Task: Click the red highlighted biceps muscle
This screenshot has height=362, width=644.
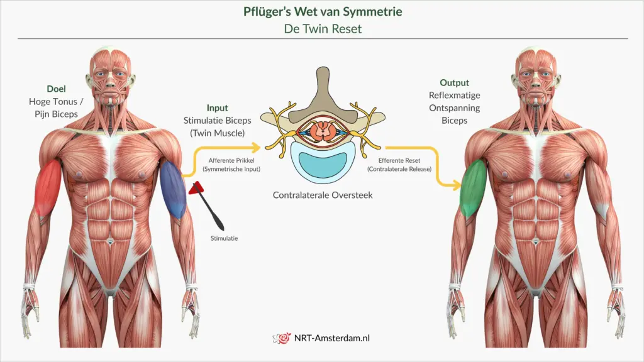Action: pyautogui.click(x=48, y=187)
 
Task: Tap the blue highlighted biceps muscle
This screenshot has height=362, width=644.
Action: pyautogui.click(x=174, y=189)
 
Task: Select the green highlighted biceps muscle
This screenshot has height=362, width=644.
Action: pyautogui.click(x=474, y=189)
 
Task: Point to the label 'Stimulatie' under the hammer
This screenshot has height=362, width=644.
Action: pyautogui.click(x=224, y=238)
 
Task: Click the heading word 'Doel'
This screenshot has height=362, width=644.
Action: pyautogui.click(x=56, y=89)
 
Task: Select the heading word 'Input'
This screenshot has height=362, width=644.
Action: pyautogui.click(x=217, y=108)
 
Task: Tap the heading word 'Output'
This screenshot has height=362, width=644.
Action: pyautogui.click(x=454, y=83)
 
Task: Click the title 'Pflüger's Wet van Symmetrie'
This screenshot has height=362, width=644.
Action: pyautogui.click(x=322, y=12)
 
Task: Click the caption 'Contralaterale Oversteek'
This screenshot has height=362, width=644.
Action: pyautogui.click(x=323, y=195)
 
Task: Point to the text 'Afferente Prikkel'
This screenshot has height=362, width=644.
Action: pyautogui.click(x=230, y=160)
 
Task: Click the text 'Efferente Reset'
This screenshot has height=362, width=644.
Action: pyautogui.click(x=399, y=160)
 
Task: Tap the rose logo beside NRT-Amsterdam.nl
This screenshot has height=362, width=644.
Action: pyautogui.click(x=282, y=338)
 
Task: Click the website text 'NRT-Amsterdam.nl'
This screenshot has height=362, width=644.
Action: pyautogui.click(x=332, y=338)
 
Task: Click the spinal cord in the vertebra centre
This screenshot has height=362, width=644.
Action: pyautogui.click(x=323, y=131)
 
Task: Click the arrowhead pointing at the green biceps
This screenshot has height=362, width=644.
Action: pyautogui.click(x=458, y=185)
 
